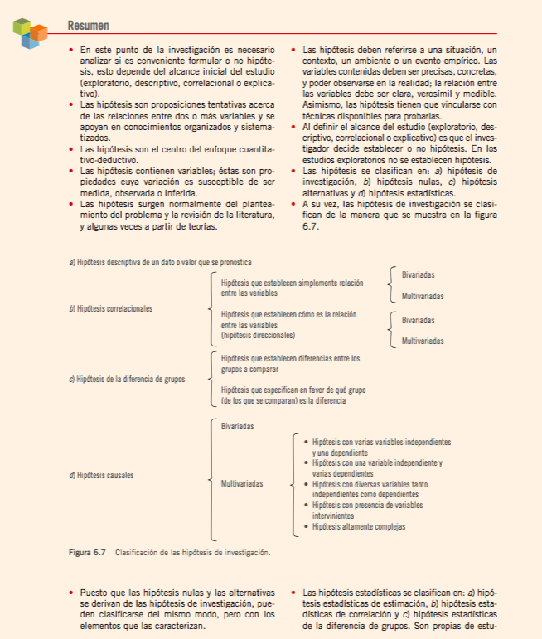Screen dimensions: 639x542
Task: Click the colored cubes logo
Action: click(31, 32)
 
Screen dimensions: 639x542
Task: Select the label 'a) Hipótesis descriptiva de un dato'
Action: click(148, 263)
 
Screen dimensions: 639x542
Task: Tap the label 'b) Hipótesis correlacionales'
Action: click(111, 309)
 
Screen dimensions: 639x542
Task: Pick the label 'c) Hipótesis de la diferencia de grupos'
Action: click(127, 379)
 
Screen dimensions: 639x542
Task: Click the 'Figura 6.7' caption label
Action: click(87, 552)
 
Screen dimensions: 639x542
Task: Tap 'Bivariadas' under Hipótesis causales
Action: click(237, 426)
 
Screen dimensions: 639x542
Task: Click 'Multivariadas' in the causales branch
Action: click(243, 482)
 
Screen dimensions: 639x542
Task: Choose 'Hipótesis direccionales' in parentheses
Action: click(258, 336)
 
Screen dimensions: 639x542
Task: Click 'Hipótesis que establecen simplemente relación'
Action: click(292, 283)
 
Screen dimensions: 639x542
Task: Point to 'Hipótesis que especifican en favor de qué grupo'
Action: click(293, 390)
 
